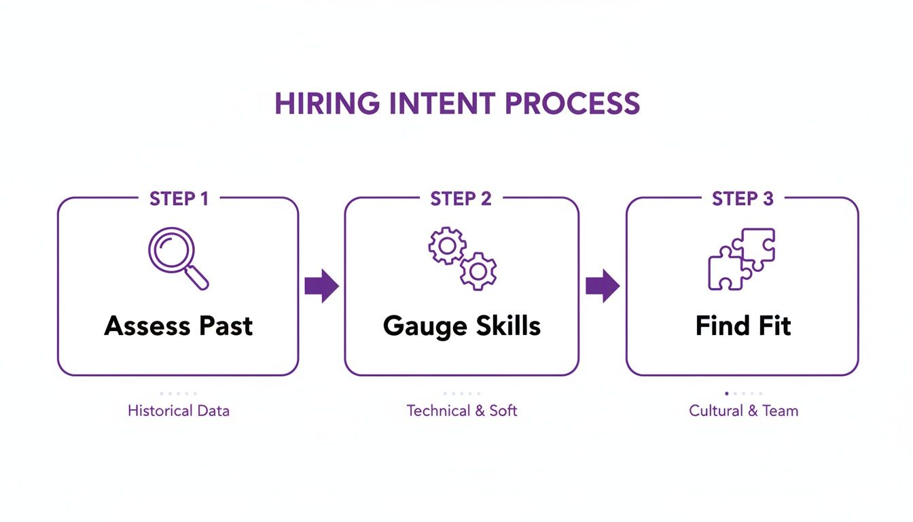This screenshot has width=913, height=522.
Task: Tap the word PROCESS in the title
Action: pos(573,103)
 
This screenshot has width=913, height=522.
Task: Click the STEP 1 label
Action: pos(179,198)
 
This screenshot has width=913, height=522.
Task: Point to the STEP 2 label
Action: pos(461,198)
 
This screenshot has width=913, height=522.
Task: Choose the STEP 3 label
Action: pos(742,198)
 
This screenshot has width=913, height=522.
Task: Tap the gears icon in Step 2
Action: pos(462,259)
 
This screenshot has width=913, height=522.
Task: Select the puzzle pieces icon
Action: pos(741,259)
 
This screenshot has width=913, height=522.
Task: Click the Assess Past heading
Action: pos(178,326)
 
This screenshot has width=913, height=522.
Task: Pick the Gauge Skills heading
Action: pos(462,326)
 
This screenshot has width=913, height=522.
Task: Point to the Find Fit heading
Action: pos(743,326)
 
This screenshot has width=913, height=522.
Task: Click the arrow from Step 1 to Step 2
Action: pos(321,285)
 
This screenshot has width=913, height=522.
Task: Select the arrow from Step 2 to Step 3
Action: pos(603,285)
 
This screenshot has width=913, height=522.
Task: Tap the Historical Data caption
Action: pos(178,411)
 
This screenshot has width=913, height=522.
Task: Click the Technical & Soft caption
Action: pos(462,411)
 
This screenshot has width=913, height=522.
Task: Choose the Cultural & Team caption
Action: pos(743,411)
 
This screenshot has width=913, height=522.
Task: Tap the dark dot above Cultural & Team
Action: pos(727,393)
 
